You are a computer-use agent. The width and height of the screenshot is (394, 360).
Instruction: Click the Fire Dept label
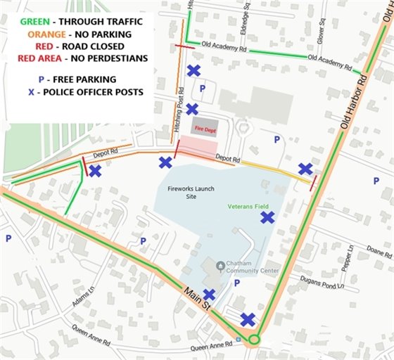pos(204,129)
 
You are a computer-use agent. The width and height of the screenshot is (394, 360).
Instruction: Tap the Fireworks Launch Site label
pos(186,193)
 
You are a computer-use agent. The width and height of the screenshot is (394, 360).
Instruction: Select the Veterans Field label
pos(248,206)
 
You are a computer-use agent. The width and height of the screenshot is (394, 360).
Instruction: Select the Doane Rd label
pos(379,254)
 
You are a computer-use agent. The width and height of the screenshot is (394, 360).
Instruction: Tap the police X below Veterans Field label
pos(267,218)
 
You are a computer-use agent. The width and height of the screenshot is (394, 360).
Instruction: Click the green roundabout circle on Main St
pos(254,340)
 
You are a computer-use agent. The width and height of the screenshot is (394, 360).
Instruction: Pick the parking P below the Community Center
pos(236,283)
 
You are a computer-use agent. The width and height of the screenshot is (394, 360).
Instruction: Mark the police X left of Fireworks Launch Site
pos(165,163)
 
